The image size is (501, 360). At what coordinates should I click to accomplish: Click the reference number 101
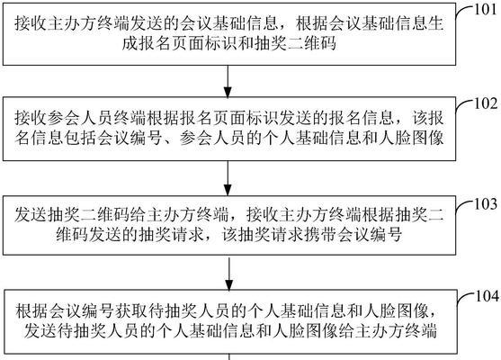(485, 10)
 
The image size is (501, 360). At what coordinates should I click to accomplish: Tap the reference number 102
(486, 103)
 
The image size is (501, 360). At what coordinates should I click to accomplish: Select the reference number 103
(486, 204)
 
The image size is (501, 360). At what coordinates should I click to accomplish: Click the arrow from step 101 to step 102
(228, 82)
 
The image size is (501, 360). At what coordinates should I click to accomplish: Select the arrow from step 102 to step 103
(228, 178)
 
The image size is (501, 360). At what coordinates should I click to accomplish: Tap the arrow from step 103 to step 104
(229, 273)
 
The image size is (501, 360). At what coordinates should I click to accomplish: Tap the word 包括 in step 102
(81, 138)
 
